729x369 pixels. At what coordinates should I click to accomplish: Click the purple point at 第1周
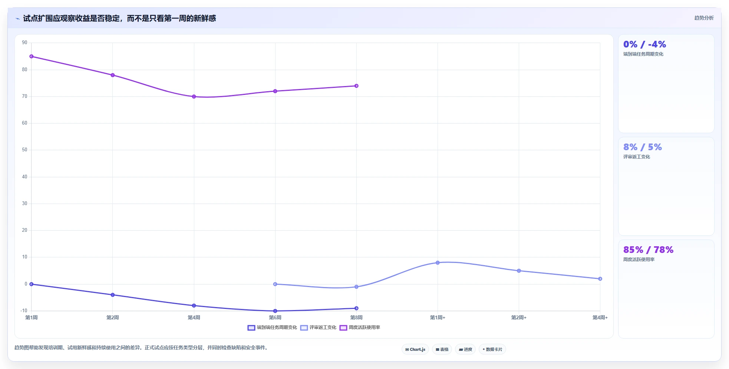[32, 56]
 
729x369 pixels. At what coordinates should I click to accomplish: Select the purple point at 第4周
[194, 96]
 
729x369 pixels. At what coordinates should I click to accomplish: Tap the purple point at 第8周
[356, 86]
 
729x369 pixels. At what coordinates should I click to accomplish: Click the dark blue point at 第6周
[275, 311]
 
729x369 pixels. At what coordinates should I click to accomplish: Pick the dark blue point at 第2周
[113, 295]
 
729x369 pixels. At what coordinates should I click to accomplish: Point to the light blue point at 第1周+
[438, 263]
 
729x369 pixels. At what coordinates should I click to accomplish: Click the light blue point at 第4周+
[600, 279]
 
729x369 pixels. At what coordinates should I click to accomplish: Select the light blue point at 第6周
[275, 284]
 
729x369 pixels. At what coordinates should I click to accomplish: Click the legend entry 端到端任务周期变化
[273, 327]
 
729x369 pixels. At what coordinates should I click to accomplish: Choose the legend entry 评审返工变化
[319, 327]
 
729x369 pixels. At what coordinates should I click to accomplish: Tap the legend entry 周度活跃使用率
[360, 327]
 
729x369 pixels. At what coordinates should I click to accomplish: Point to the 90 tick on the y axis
[24, 43]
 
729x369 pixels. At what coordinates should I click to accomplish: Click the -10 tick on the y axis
[24, 311]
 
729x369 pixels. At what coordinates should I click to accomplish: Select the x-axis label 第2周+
[519, 317]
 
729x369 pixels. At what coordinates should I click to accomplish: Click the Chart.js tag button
[415, 349]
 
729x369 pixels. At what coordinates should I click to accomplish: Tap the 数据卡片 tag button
[492, 349]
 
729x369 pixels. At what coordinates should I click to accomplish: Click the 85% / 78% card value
[648, 250]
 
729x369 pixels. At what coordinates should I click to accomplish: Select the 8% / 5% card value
[643, 147]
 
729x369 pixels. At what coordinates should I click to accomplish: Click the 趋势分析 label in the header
[704, 18]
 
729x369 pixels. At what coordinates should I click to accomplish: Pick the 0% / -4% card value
[644, 44]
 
